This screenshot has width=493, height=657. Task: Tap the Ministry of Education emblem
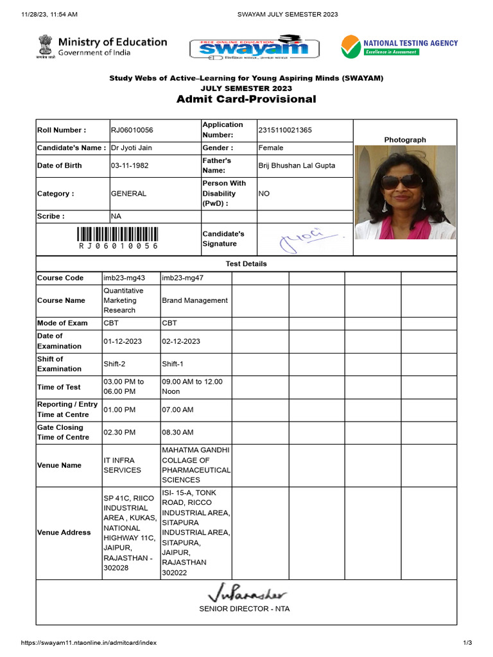[x=44, y=46]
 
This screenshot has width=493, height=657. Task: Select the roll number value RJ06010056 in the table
[x=132, y=130]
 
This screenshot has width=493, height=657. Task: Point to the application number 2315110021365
[x=285, y=130]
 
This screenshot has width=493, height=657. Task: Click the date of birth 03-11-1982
[x=130, y=166]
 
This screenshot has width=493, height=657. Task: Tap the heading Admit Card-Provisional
[x=246, y=99]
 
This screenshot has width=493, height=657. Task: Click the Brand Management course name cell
[x=195, y=300]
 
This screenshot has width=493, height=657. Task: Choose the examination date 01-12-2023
[x=123, y=341]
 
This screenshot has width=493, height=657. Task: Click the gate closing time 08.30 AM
[x=178, y=432]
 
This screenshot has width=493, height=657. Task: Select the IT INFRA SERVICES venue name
[x=122, y=465]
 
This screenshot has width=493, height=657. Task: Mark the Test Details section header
[x=246, y=264]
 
